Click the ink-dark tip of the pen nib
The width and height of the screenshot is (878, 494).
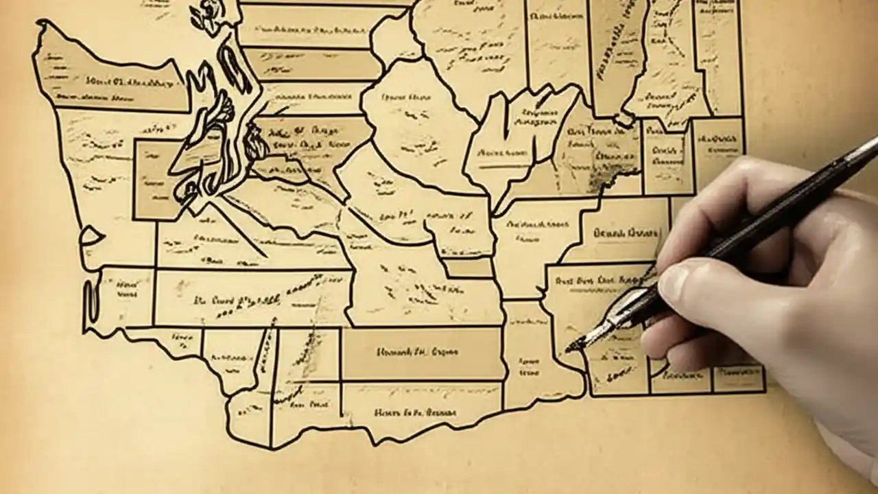click(x=571, y=349)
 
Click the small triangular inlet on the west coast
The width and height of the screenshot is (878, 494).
click(x=91, y=237)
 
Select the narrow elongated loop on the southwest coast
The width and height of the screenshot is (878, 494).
click(x=90, y=302)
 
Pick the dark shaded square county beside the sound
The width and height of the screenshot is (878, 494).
click(x=156, y=180)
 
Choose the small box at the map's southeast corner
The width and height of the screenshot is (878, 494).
click(x=739, y=378)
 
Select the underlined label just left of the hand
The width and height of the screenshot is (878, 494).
click(x=625, y=233)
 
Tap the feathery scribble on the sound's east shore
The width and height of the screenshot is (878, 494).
click(x=255, y=143)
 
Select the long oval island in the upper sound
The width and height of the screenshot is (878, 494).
click(x=233, y=69)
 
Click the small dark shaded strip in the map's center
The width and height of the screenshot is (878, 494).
click(x=467, y=267)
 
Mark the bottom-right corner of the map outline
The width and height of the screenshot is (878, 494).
click(x=765, y=392)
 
